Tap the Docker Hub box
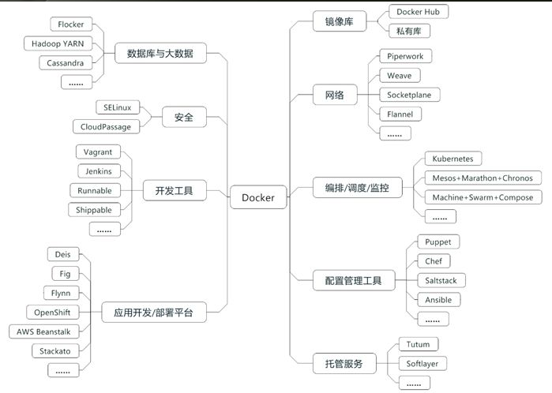(419, 12)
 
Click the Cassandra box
(66, 62)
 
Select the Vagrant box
(98, 152)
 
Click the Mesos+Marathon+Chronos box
(483, 178)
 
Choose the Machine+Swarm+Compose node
(483, 197)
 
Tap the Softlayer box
(422, 364)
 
